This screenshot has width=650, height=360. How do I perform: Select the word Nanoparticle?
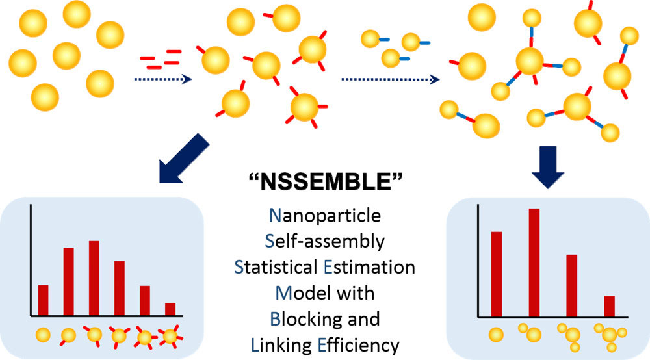click(325, 214)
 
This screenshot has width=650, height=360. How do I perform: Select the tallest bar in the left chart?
click(94, 277)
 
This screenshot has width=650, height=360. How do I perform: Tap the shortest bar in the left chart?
click(170, 309)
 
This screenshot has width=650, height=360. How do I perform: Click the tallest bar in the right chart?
click(534, 263)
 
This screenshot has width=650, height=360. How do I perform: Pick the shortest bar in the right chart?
click(609, 306)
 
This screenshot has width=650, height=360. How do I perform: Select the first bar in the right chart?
click(497, 274)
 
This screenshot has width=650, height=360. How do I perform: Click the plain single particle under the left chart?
click(43, 336)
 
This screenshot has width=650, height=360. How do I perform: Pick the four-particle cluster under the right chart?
click(610, 335)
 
